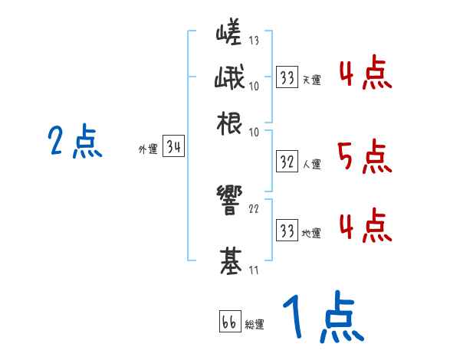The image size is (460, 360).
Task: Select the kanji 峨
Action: [229, 78]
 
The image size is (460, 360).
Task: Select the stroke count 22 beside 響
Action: [254, 208]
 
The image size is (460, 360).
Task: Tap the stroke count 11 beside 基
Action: [253, 269]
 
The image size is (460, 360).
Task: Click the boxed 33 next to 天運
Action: [287, 77]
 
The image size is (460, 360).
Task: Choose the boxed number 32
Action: [287, 162]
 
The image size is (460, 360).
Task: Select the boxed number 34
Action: [174, 148]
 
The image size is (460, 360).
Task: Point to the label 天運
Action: [311, 80]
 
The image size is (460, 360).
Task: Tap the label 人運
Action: [311, 163]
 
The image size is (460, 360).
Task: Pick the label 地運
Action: [311, 231]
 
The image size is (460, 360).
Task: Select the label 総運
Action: [255, 324]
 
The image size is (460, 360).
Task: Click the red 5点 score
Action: [364, 157]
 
